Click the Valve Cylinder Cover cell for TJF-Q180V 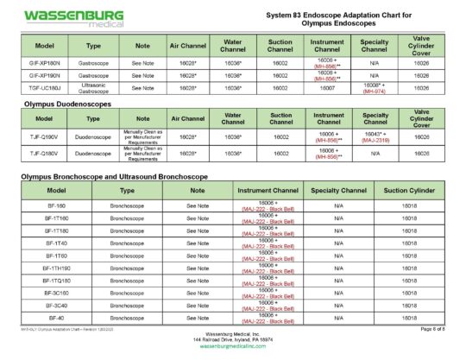pos(422,154)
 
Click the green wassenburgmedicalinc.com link pos(234,347)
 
